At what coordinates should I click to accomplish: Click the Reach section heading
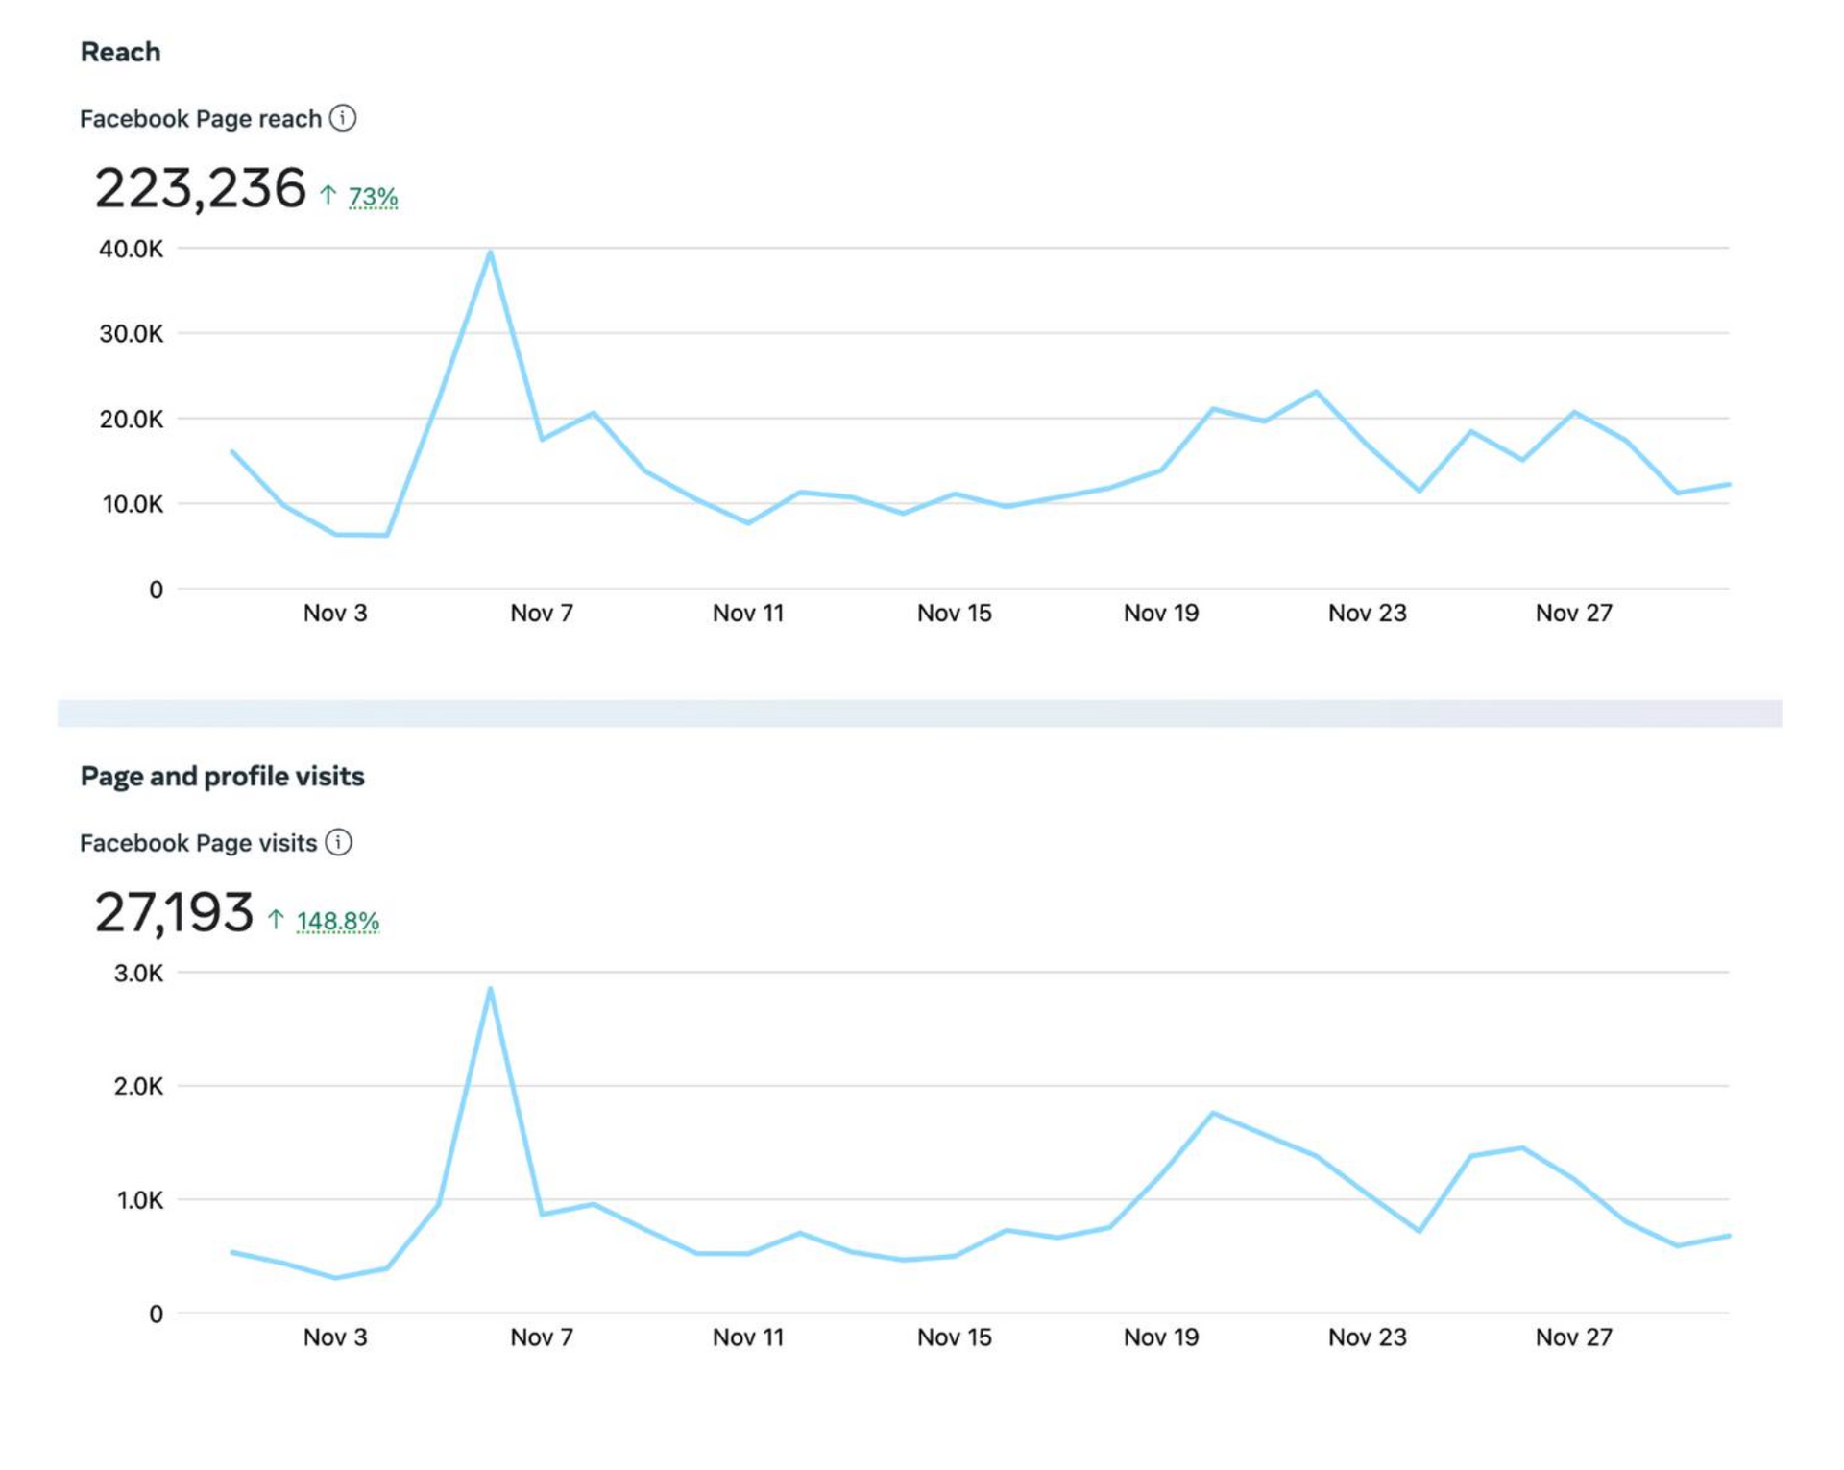[120, 52]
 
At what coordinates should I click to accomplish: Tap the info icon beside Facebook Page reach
[343, 118]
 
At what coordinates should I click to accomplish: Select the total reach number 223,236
[200, 188]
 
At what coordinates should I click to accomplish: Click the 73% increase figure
[373, 197]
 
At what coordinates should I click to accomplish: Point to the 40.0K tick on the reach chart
[131, 250]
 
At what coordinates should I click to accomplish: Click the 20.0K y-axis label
[131, 420]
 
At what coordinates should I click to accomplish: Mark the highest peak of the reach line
[490, 253]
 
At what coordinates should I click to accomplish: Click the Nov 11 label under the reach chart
[748, 613]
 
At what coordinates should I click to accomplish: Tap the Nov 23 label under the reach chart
[1367, 613]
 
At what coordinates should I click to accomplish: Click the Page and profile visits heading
[222, 776]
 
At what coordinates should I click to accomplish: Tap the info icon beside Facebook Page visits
[338, 842]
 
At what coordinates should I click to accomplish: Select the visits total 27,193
[174, 912]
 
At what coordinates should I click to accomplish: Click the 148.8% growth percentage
[338, 921]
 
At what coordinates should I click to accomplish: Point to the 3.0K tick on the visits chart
[138, 974]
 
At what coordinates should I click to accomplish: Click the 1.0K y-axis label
[138, 1200]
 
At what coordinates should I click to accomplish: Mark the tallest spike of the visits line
[490, 990]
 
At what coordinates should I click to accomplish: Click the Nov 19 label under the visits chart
[1161, 1337]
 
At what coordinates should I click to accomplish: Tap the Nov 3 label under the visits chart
[335, 1337]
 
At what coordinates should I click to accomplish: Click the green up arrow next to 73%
[328, 195]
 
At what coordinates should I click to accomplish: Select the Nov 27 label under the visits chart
[1573, 1337]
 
